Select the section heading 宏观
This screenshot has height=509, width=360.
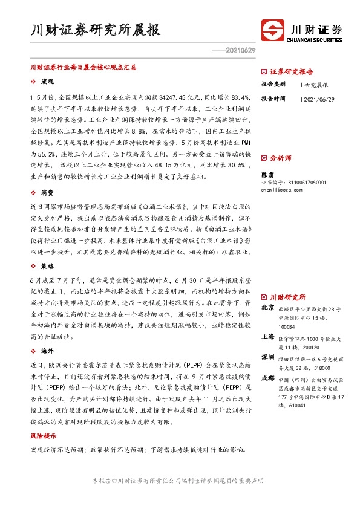(x=47, y=81)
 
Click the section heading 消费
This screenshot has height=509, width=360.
(x=47, y=192)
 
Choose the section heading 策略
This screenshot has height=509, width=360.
(x=47, y=265)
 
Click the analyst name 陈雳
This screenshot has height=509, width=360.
(x=267, y=173)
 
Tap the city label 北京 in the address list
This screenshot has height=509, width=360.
(x=267, y=308)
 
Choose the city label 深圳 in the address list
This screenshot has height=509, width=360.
(x=267, y=357)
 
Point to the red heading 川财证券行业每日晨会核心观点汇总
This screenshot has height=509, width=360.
(x=83, y=69)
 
